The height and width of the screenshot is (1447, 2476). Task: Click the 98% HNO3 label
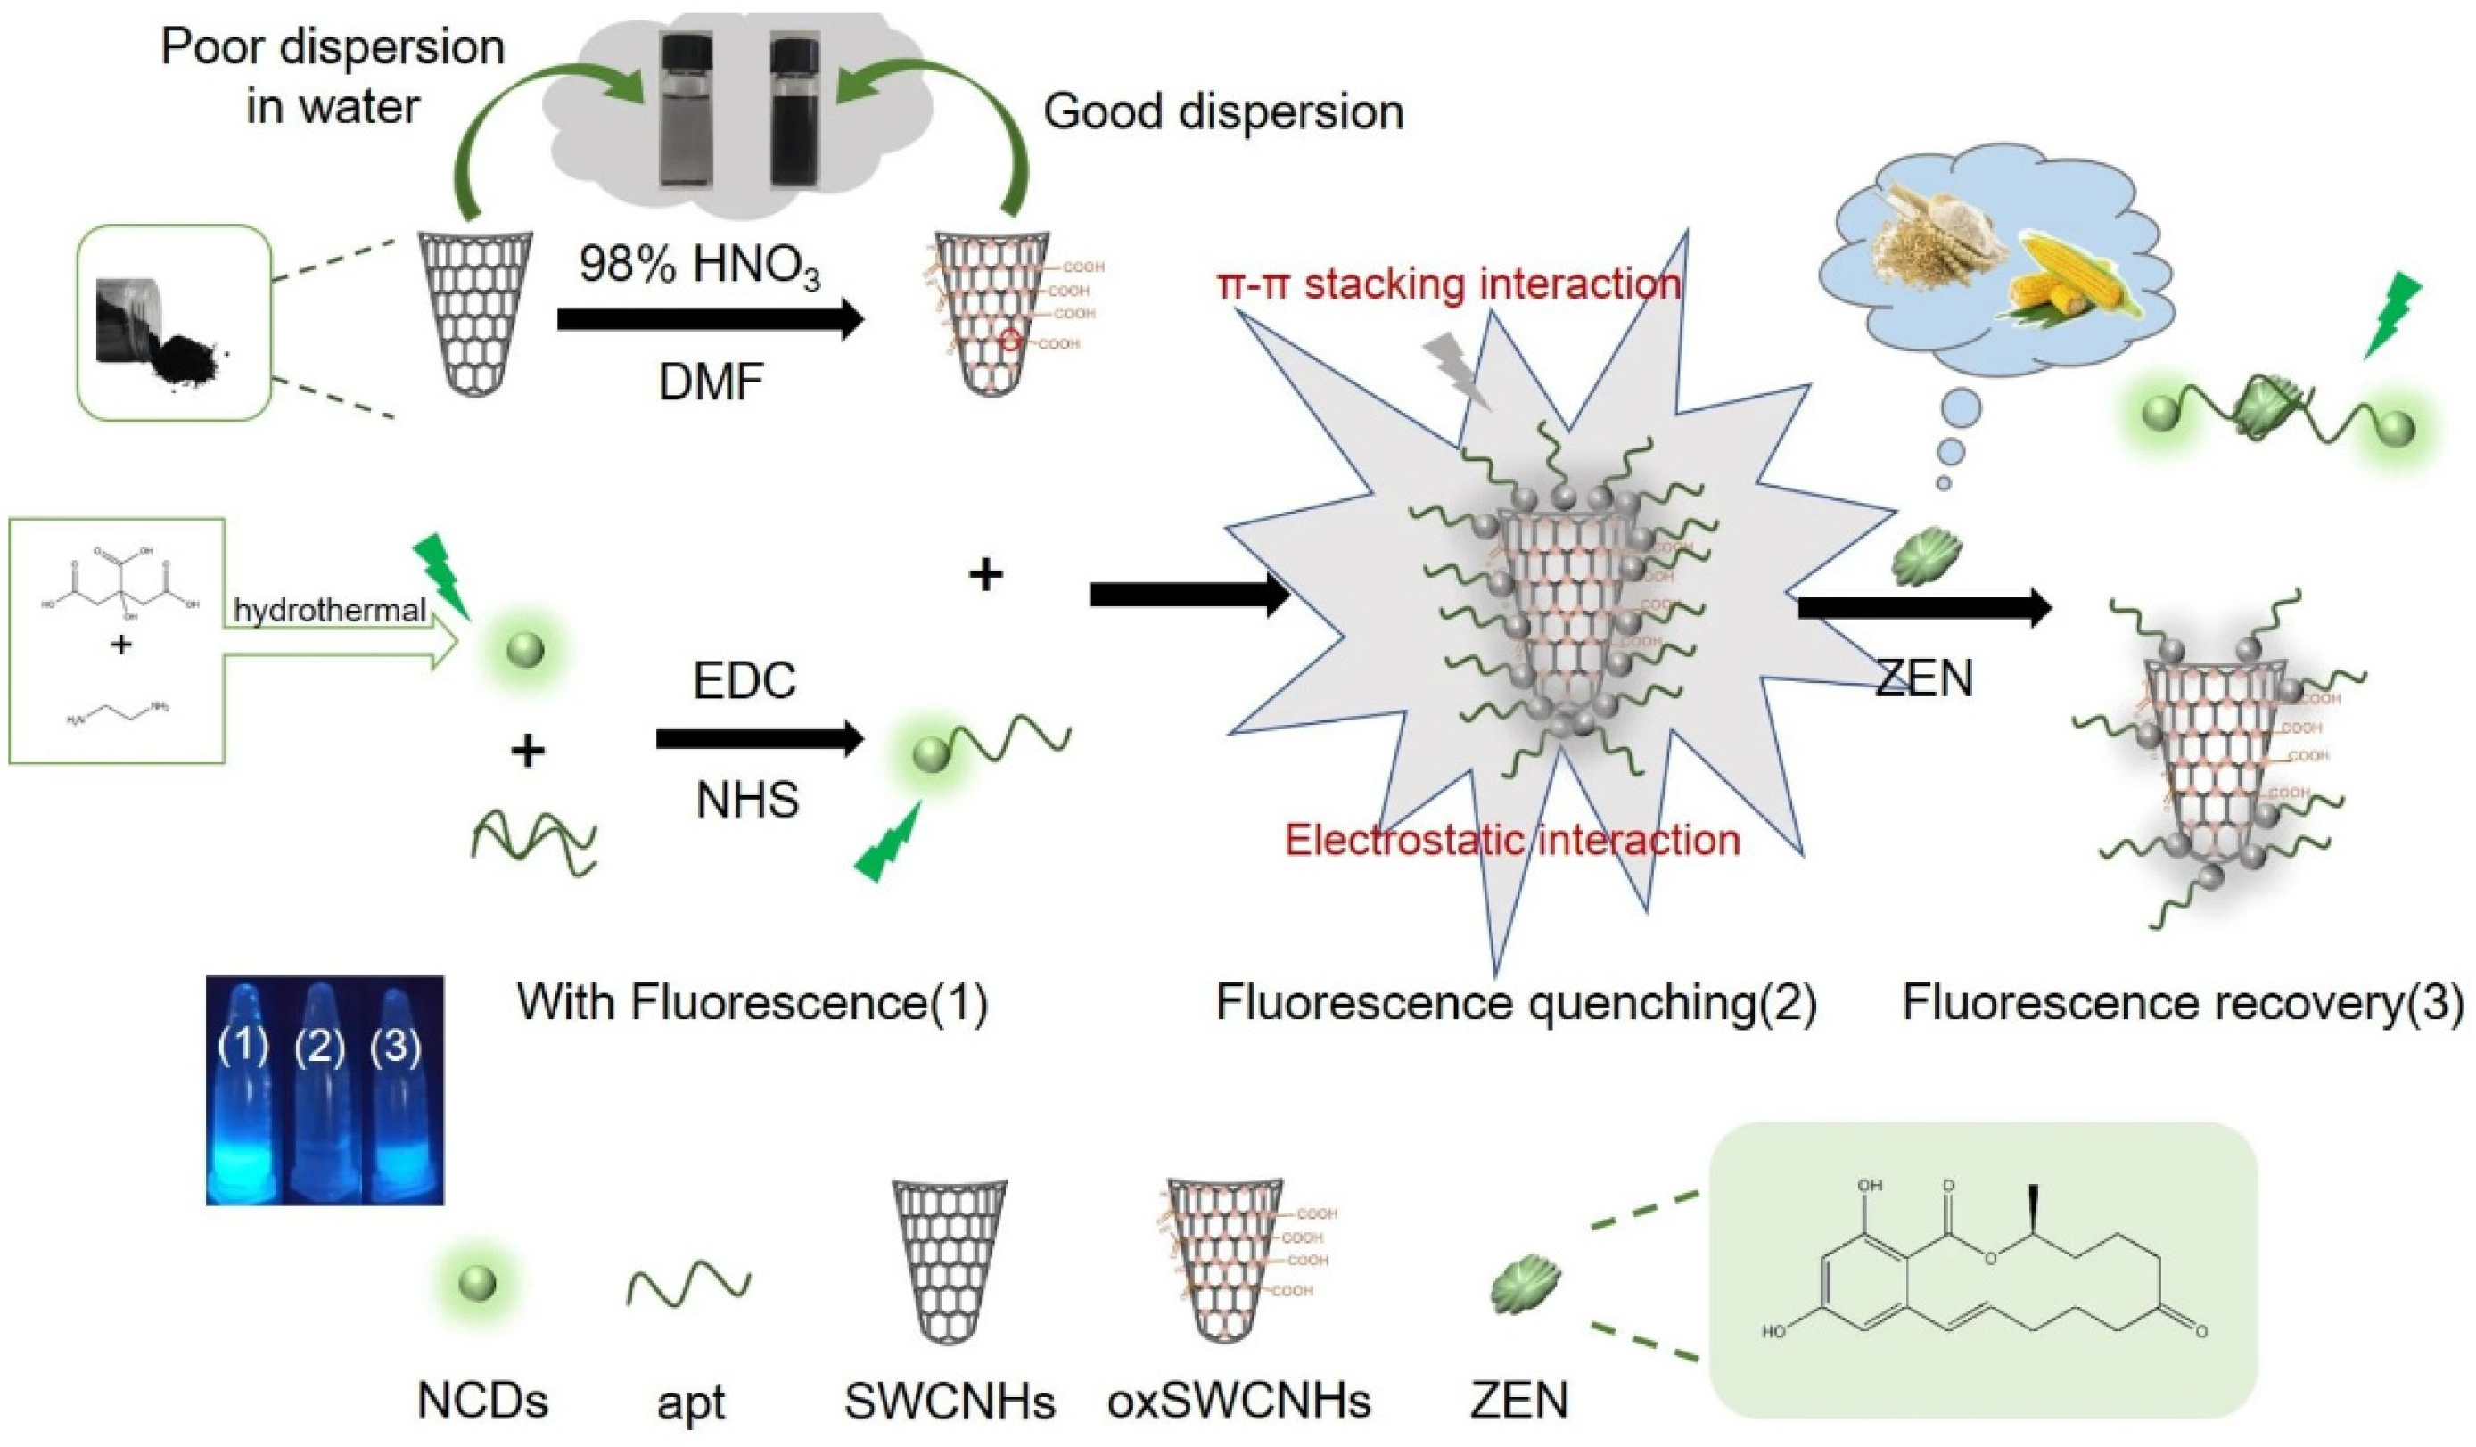(x=699, y=264)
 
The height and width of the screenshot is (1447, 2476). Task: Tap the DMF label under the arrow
(x=711, y=382)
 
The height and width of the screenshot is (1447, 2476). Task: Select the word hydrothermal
(x=329, y=610)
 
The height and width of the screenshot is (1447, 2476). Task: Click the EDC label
(x=744, y=679)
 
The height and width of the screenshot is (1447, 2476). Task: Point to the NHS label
(x=747, y=800)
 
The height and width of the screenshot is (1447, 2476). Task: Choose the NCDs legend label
(x=481, y=1401)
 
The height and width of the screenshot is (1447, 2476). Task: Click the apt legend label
(x=691, y=1402)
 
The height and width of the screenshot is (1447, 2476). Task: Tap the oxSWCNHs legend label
(x=1238, y=1401)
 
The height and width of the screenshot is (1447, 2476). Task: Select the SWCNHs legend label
(x=950, y=1401)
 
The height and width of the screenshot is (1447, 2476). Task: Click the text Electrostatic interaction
(x=1512, y=840)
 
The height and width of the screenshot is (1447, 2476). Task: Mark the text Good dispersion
(x=1223, y=112)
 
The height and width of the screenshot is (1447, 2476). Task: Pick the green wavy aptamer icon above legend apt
(x=688, y=1284)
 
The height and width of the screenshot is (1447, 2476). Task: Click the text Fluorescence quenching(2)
(x=1516, y=1003)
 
